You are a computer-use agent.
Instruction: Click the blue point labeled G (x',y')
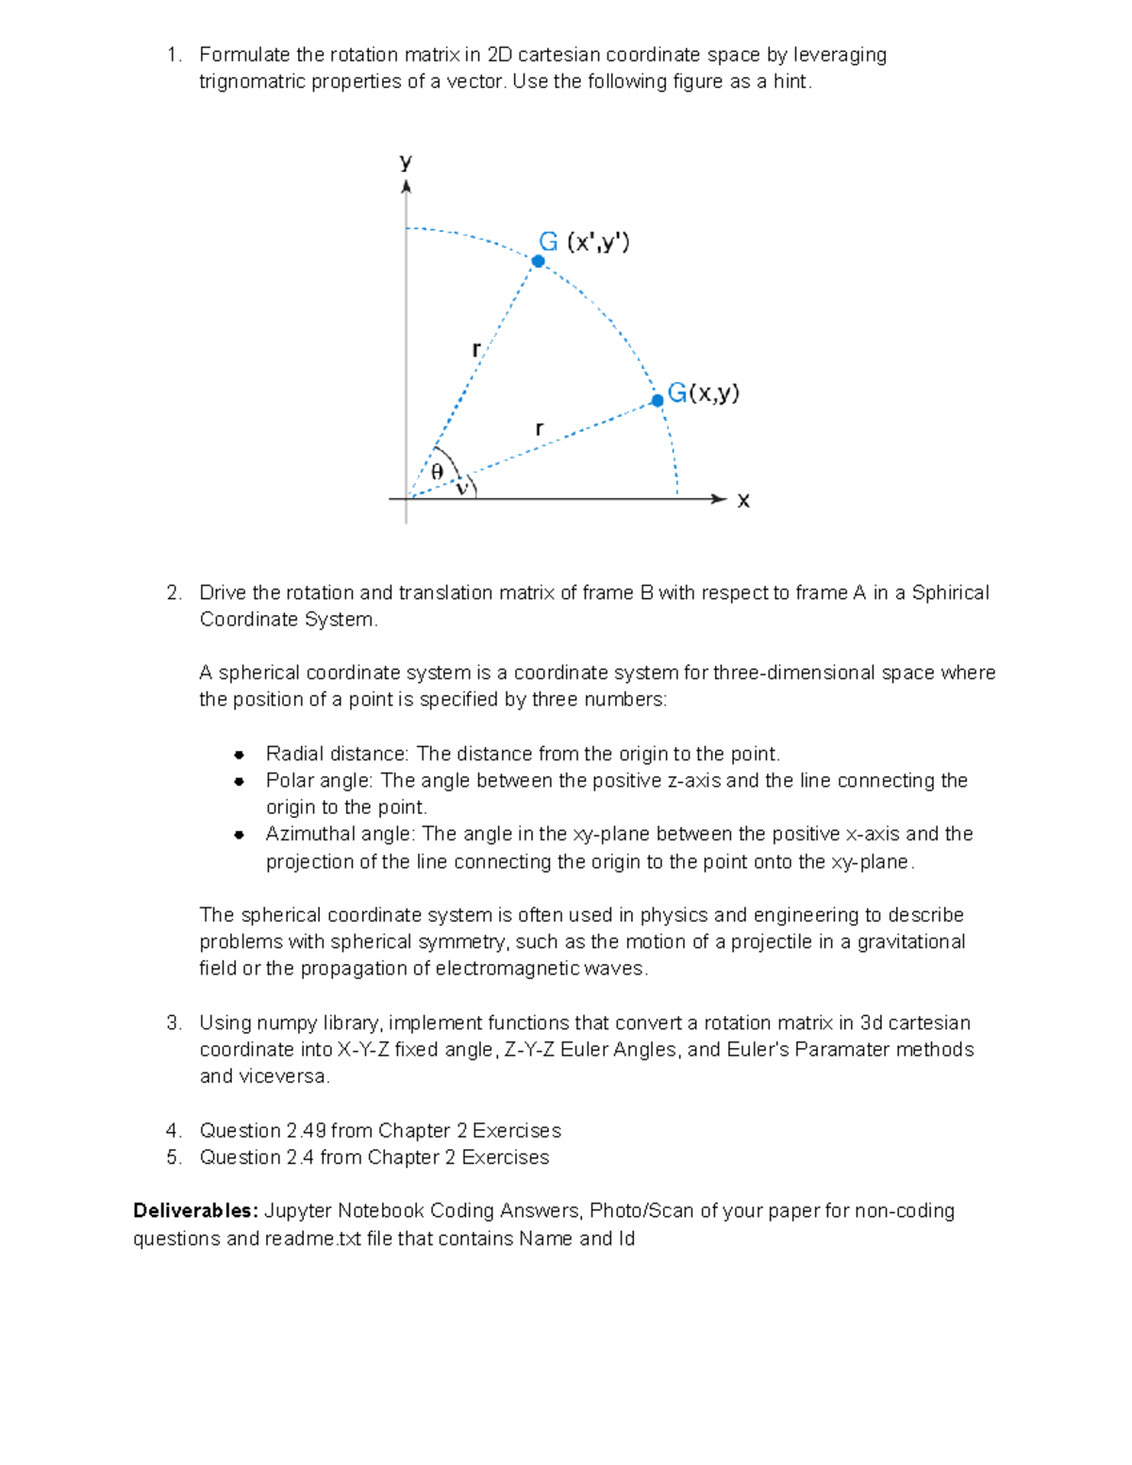[538, 261]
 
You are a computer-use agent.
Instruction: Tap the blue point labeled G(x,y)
[658, 400]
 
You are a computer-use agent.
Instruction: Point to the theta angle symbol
[437, 472]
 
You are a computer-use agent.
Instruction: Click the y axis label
[406, 161]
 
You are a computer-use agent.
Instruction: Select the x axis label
[743, 501]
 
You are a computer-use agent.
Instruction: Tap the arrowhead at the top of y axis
[406, 187]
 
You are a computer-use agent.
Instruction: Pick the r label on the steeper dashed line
[476, 350]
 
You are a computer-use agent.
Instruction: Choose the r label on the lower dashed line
[539, 428]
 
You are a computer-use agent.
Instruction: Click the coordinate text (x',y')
[598, 242]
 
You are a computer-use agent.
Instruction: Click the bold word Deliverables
[195, 1210]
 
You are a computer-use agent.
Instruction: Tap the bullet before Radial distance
[240, 754]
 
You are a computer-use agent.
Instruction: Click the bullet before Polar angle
[240, 781]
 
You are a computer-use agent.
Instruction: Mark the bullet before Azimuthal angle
[240, 834]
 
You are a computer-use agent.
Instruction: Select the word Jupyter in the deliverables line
[298, 1210]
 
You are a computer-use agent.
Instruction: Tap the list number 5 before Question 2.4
[173, 1157]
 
